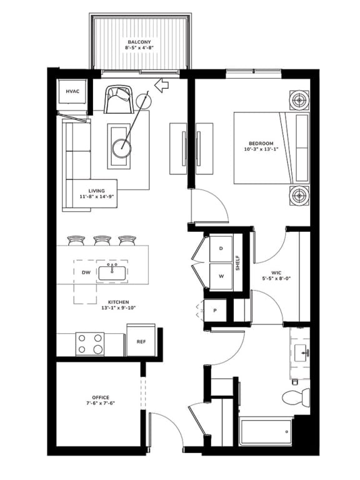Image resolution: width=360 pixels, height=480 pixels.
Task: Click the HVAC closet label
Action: pyautogui.click(x=72, y=91)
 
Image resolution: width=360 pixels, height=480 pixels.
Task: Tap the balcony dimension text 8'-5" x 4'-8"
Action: pyautogui.click(x=139, y=47)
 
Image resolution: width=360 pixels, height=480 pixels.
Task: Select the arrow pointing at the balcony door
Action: pyautogui.click(x=162, y=85)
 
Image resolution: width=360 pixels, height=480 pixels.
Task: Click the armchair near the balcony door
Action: pyautogui.click(x=119, y=99)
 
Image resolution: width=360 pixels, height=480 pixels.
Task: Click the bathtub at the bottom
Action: pyautogui.click(x=266, y=432)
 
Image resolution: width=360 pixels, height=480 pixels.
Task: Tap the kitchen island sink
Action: pyautogui.click(x=112, y=273)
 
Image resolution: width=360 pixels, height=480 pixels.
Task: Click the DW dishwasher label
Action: pyautogui.click(x=86, y=272)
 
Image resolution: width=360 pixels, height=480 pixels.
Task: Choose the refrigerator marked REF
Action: pyautogui.click(x=141, y=340)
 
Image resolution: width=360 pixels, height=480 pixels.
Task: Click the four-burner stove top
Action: pyautogui.click(x=90, y=344)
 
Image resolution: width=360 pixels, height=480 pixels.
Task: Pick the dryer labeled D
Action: pyautogui.click(x=221, y=249)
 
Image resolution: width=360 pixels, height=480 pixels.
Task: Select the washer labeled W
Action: pyautogui.click(x=221, y=276)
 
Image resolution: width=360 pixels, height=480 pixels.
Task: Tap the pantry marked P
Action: pyautogui.click(x=215, y=311)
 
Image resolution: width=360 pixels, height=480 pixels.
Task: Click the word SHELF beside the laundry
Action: pyautogui.click(x=238, y=262)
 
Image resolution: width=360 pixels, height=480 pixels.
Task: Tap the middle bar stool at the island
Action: pyautogui.click(x=102, y=240)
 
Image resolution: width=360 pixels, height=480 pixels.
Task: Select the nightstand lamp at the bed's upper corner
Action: pyautogui.click(x=300, y=100)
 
